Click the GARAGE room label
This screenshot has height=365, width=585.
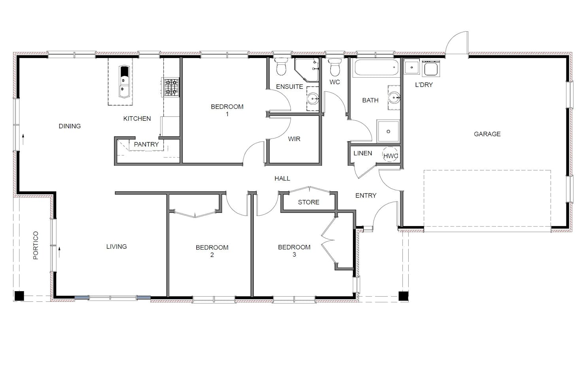pos(487,134)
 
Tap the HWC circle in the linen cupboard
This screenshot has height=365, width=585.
pos(390,154)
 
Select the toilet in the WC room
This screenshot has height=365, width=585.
pos(334,67)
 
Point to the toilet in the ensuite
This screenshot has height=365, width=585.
pos(281,66)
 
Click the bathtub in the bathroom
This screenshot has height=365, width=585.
pos(376,67)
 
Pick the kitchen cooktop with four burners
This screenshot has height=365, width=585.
pos(171,88)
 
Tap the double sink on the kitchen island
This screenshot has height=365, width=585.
pos(124,82)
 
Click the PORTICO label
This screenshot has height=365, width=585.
pos(36,245)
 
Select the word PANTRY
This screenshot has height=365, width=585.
pos(146,144)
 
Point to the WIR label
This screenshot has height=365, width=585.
pos(294,139)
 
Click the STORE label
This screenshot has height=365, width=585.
pos(308,202)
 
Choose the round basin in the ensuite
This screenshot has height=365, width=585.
pos(313,99)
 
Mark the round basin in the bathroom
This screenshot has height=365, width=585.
pos(394,97)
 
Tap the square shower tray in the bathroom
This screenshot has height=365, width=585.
pos(388,131)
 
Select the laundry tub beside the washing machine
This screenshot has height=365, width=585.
pos(411,67)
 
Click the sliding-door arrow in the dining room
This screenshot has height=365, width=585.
pos(23,139)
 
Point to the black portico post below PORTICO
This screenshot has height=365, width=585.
pos(19,296)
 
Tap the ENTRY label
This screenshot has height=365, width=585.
pos(366,196)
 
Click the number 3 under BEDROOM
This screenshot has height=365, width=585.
pos(294,255)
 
